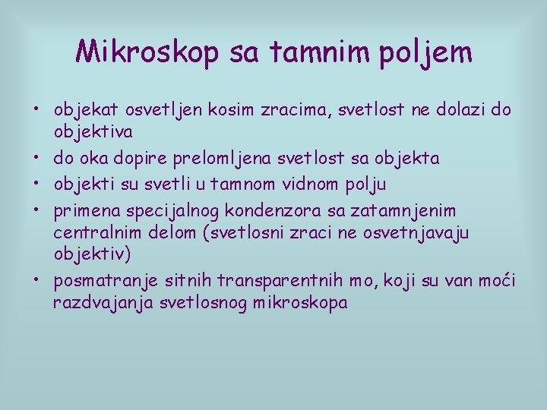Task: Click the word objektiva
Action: point(93,132)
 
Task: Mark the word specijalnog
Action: point(166,210)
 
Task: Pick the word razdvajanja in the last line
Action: point(92,303)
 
